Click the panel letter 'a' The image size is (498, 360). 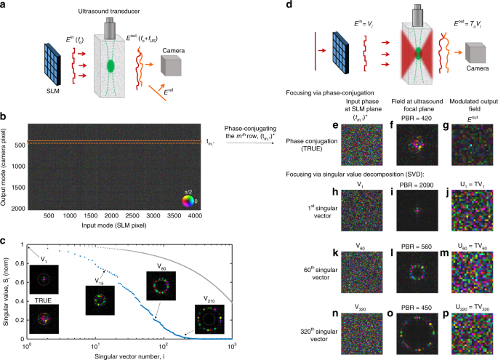(x=4, y=5)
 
